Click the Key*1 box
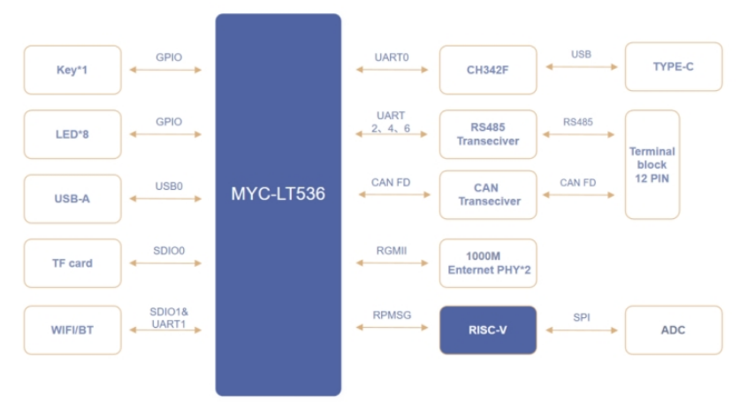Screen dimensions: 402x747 click(72, 70)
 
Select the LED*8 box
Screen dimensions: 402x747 click(72, 134)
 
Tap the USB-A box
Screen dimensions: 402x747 click(72, 199)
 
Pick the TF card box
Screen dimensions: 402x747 click(72, 263)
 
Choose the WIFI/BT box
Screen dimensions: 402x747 click(72, 330)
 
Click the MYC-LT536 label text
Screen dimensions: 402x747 click(278, 193)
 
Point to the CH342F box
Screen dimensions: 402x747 click(488, 70)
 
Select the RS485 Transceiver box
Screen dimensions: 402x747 click(488, 134)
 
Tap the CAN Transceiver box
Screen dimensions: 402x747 click(488, 194)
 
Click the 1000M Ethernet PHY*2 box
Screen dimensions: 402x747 click(488, 263)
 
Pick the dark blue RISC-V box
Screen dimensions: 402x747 click(488, 330)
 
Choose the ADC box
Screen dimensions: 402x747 click(673, 330)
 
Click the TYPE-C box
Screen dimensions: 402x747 click(673, 67)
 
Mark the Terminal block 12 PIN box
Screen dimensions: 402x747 click(652, 164)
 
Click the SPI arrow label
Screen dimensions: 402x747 click(581, 315)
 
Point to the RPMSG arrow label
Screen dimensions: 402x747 click(391, 315)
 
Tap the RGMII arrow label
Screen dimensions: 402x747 click(391, 250)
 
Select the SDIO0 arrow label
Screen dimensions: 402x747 click(169, 251)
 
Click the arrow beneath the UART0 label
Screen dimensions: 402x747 click(391, 69)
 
